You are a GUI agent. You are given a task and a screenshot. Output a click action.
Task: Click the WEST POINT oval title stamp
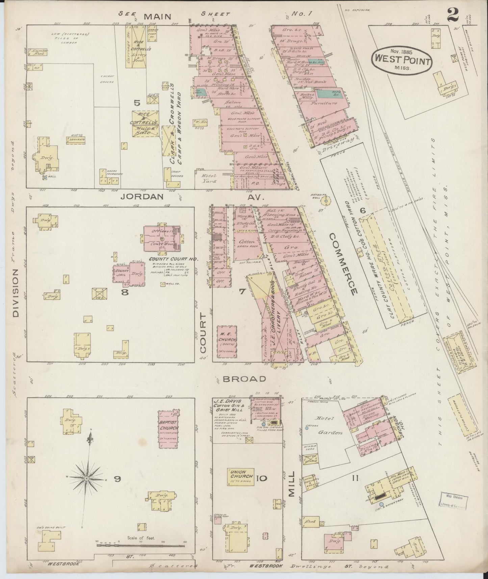pos(402,59)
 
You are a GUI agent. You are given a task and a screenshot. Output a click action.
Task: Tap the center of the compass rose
pos(87,479)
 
